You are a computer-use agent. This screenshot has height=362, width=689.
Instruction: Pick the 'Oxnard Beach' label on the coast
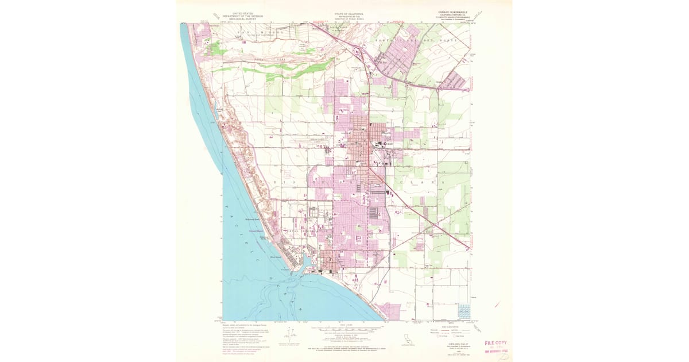pyautogui.click(x=256, y=231)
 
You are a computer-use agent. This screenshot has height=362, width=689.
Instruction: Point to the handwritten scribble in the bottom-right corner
pyautogui.click(x=504, y=356)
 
